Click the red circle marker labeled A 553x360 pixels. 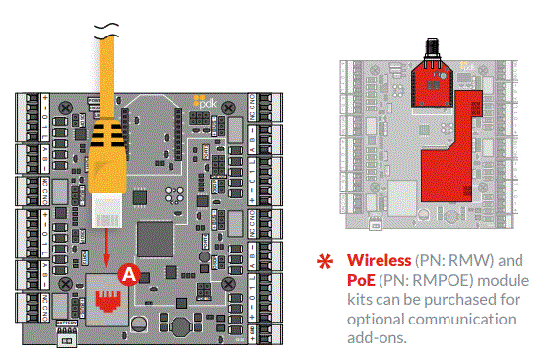pyautogui.click(x=125, y=276)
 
